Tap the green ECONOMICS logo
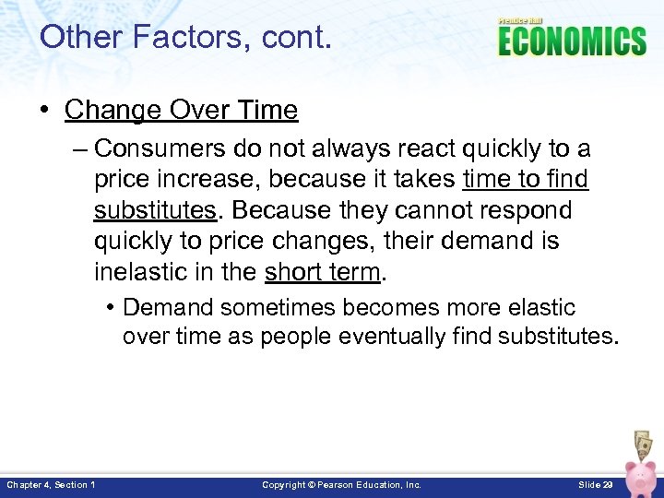(572, 41)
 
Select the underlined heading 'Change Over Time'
(181, 110)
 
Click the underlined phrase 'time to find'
(526, 179)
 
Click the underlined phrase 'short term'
(322, 272)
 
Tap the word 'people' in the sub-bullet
(296, 337)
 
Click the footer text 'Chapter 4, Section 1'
(51, 484)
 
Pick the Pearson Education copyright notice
(341, 484)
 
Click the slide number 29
(595, 484)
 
